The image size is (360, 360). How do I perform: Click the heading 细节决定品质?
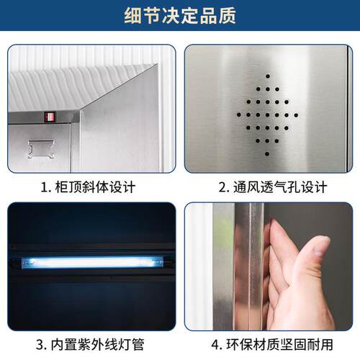180,15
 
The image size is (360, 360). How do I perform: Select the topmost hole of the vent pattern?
267,76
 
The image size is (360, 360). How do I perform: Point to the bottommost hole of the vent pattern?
267,153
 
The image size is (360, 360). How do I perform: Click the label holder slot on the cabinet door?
39,149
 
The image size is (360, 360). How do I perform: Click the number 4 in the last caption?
215,343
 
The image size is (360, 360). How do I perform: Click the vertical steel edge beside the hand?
252,266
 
